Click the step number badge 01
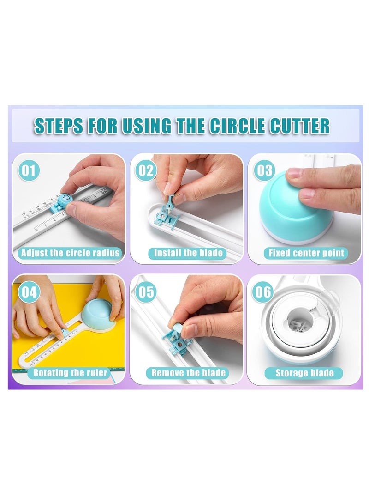point(29,170)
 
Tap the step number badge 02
point(146,170)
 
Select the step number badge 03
point(265,170)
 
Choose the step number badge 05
point(146,292)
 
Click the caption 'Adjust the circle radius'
point(70,253)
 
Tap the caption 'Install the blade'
point(188,253)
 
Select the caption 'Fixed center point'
point(306,253)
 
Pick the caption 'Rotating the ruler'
point(70,373)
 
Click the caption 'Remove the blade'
point(188,373)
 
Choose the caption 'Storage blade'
point(304,373)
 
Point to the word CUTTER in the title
point(302,126)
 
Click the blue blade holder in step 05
point(178,340)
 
